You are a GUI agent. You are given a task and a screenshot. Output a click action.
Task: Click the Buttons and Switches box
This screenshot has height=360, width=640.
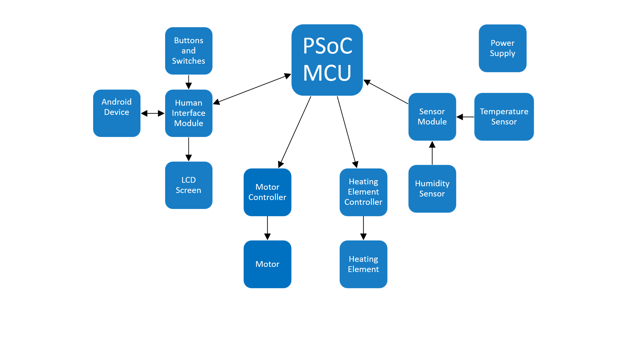tap(188, 51)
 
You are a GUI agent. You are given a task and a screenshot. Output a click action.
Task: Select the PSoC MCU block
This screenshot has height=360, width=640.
tap(327, 60)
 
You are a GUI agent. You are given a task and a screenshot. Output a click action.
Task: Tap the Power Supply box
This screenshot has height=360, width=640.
tap(502, 48)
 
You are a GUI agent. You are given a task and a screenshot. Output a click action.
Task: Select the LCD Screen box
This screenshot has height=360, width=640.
tap(188, 185)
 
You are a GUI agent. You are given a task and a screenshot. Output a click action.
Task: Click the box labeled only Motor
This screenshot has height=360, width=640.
tap(267, 264)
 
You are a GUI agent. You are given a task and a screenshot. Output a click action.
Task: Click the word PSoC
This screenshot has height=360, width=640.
tap(327, 46)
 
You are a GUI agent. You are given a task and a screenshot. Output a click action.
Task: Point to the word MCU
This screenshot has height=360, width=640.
tap(327, 73)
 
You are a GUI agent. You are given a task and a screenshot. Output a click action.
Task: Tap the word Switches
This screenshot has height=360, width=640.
tap(188, 61)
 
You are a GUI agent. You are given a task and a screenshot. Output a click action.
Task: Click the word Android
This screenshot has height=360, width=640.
tap(116, 102)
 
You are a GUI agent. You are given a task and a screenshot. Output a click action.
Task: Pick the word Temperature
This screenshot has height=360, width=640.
tap(504, 111)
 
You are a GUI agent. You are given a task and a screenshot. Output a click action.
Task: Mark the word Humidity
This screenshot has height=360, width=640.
tap(432, 184)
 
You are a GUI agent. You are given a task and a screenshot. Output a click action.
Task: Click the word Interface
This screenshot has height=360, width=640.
tap(188, 113)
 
